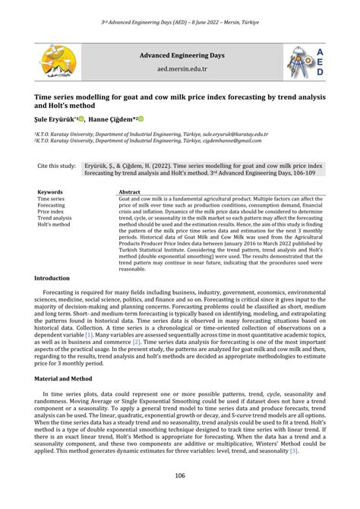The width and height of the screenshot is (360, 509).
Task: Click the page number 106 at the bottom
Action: [179, 476]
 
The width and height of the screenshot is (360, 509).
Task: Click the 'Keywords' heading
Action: [50, 192]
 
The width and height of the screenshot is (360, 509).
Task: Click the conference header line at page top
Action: [180, 24]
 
